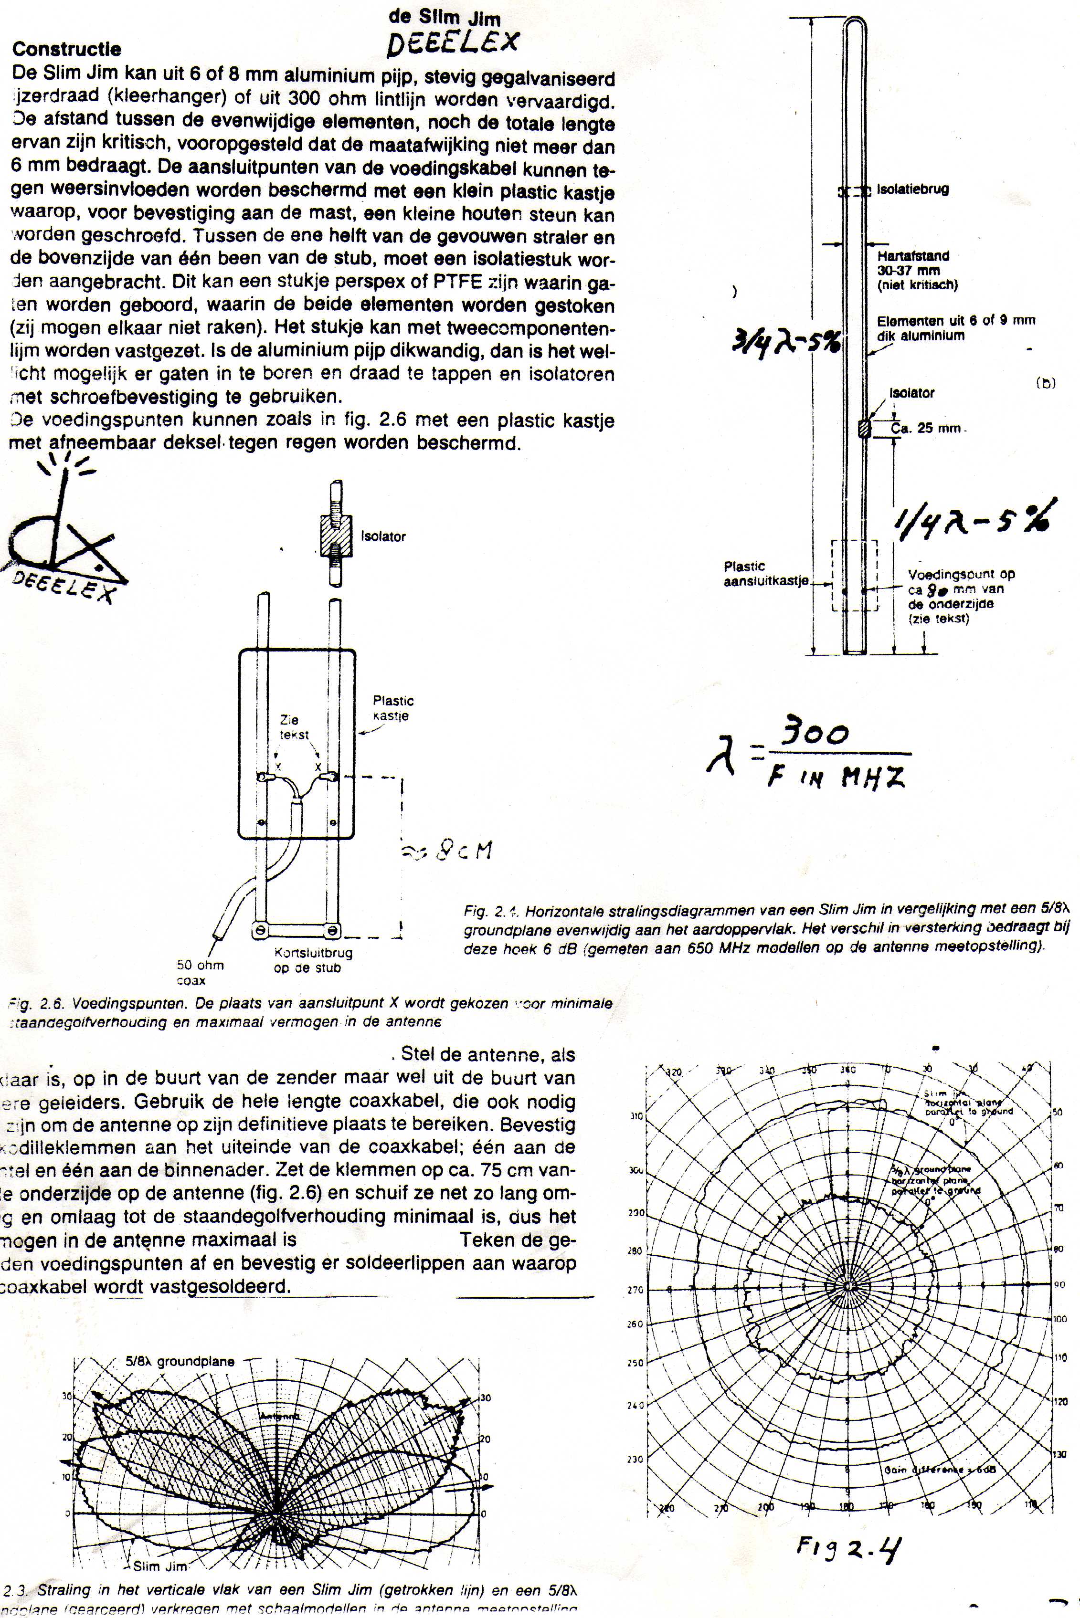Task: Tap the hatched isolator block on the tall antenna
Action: pyautogui.click(x=864, y=428)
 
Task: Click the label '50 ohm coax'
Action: pyautogui.click(x=200, y=972)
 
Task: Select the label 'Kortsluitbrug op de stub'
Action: pyautogui.click(x=313, y=960)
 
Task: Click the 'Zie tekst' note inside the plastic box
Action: pyautogui.click(x=290, y=727)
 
